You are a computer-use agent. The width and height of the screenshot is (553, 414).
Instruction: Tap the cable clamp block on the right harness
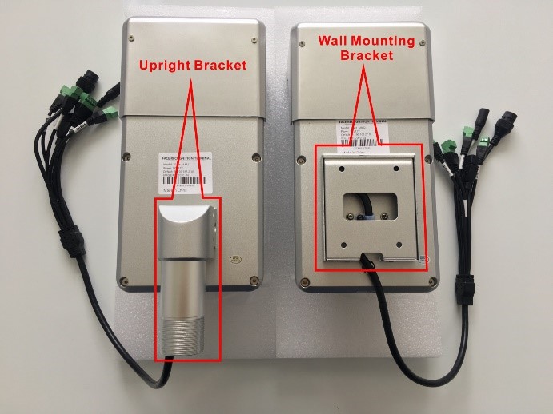coord(463,284)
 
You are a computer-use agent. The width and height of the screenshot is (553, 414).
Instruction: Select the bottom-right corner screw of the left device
coord(254,279)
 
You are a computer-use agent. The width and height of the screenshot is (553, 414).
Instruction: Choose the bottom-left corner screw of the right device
coord(305,281)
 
